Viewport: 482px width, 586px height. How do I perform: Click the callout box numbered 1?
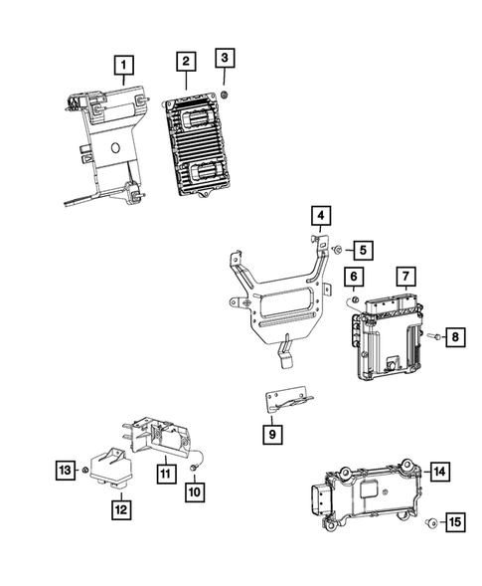pyautogui.click(x=123, y=67)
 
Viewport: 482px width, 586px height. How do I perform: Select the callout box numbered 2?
pyautogui.click(x=186, y=63)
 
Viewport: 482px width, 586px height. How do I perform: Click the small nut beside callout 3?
pyautogui.click(x=226, y=94)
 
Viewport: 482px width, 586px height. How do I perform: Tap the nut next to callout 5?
pyautogui.click(x=340, y=249)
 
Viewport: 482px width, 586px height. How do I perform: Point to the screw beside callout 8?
pyautogui.click(x=435, y=339)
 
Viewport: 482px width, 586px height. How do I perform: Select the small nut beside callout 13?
pyautogui.click(x=87, y=469)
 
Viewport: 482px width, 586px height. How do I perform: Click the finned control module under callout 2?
pyautogui.click(x=202, y=149)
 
